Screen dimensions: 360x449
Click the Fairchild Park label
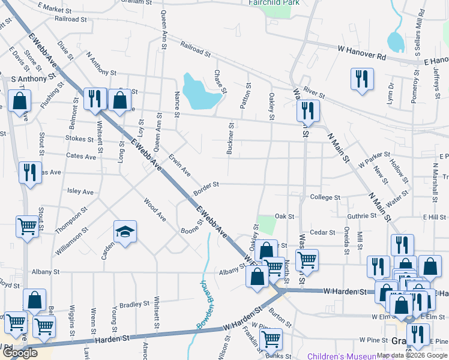(x=274, y=2)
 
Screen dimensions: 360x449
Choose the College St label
(x=325, y=197)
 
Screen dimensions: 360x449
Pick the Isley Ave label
(x=80, y=192)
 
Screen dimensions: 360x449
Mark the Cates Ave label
(x=81, y=157)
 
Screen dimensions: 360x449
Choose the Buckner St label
(x=231, y=139)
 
